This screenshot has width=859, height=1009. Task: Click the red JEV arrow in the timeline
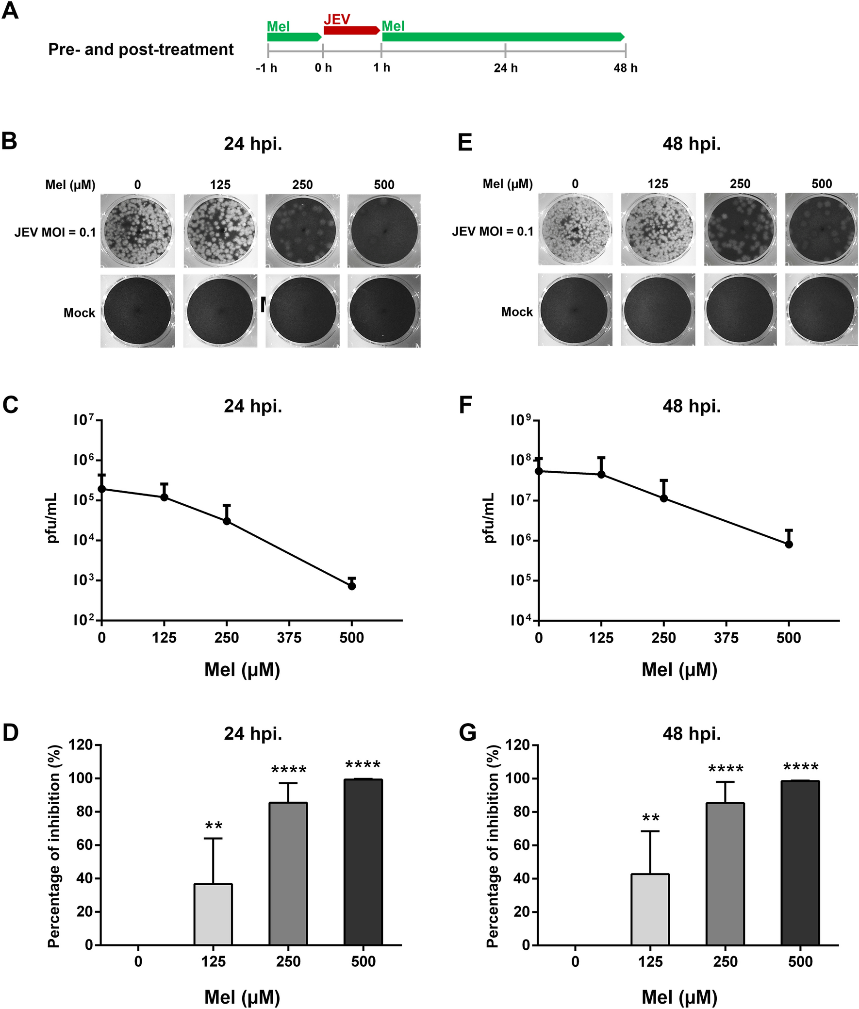click(x=351, y=31)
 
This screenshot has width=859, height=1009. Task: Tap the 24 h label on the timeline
click(x=506, y=68)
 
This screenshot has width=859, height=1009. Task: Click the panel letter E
click(x=465, y=143)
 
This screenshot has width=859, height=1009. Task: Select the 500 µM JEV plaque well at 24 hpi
click(x=384, y=231)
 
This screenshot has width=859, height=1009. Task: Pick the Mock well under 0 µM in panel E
click(x=575, y=310)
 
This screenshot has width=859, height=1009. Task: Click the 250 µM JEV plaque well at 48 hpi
click(x=740, y=230)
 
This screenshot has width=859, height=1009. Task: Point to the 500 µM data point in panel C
click(x=351, y=586)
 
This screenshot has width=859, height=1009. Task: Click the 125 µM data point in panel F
click(x=601, y=474)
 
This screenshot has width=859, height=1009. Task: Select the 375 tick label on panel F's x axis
click(x=726, y=638)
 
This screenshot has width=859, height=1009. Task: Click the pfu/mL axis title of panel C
click(x=52, y=518)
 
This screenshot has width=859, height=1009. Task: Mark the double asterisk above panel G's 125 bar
click(x=651, y=819)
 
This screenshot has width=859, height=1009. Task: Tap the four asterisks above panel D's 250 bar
click(x=289, y=770)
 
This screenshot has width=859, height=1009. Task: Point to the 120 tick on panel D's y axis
click(x=81, y=744)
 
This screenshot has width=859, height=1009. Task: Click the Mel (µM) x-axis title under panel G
click(x=679, y=997)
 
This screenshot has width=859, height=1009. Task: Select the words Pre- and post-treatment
click(x=141, y=50)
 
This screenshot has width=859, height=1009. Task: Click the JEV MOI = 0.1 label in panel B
click(x=55, y=232)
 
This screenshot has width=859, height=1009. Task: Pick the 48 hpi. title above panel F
click(x=692, y=406)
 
